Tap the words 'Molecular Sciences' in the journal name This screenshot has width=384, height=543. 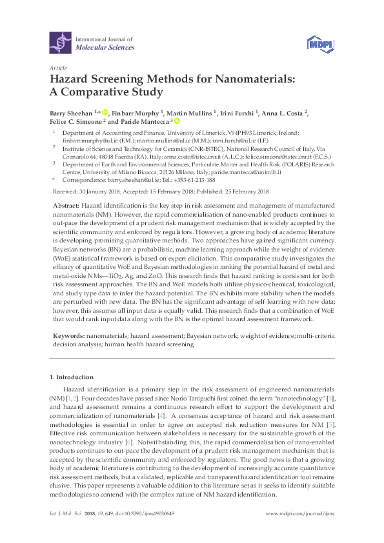[105, 48]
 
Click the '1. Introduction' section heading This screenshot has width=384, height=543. [72, 377]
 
